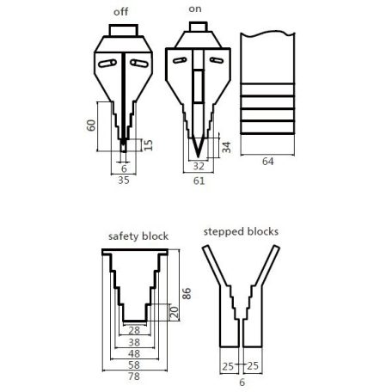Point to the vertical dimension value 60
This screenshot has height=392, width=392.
(90, 126)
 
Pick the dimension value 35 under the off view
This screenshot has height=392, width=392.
(125, 181)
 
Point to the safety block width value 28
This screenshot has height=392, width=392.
(133, 329)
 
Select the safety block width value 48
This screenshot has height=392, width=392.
(133, 352)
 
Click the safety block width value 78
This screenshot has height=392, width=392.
(133, 377)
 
